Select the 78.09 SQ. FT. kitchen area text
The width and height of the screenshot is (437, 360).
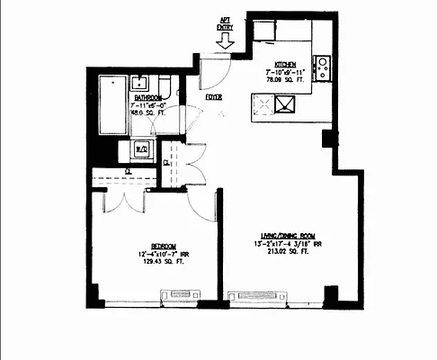(x=287, y=78)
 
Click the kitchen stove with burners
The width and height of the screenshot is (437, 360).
(x=323, y=67)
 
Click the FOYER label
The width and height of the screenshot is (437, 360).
(x=214, y=96)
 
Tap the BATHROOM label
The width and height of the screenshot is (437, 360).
(x=147, y=97)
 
